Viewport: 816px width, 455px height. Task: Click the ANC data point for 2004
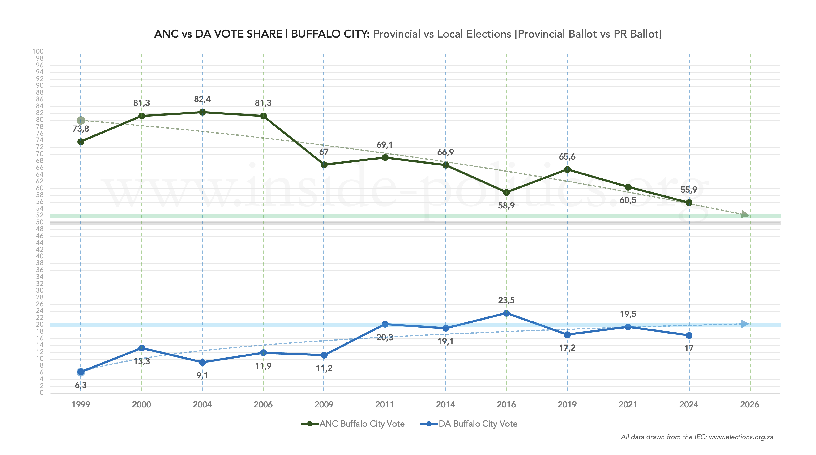[x=202, y=112]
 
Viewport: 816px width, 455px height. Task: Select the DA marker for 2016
[x=506, y=313]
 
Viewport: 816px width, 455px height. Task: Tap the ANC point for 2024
[x=689, y=203]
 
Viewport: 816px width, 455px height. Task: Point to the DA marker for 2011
[x=385, y=324]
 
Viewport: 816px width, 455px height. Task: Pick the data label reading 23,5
[x=506, y=300]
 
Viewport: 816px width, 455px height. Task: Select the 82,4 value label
[x=202, y=99]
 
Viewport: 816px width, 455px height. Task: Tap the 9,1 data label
[x=202, y=376]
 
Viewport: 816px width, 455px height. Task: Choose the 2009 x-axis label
[x=324, y=405]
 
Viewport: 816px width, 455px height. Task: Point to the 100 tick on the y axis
[x=38, y=51]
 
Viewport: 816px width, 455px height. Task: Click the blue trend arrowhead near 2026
[x=745, y=324]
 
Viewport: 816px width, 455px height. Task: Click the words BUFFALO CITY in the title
[x=330, y=34]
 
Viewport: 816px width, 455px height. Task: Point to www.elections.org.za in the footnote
[x=741, y=437]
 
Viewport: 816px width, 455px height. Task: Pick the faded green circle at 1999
[x=81, y=121]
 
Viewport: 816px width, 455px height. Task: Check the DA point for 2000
[x=142, y=348]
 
